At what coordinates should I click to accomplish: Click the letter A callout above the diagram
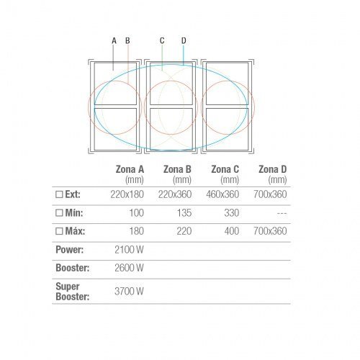[x=114, y=40]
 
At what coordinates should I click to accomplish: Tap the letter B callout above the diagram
[x=127, y=40]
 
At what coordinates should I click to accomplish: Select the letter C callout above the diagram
[x=162, y=40]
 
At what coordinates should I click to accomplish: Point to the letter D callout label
[x=184, y=40]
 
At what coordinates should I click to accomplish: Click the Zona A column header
[x=130, y=169]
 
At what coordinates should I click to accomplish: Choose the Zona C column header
[x=225, y=169]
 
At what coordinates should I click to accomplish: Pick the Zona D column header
[x=273, y=169]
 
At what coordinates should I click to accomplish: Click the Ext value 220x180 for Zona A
[x=127, y=194]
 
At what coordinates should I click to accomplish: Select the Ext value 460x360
[x=222, y=194]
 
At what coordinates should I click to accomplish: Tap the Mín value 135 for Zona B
[x=184, y=213]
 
